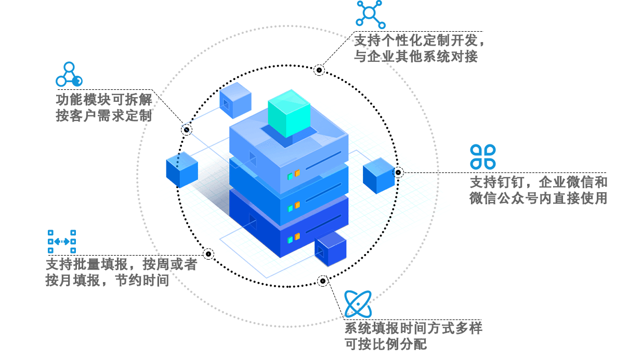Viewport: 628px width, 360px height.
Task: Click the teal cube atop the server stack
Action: point(289,113)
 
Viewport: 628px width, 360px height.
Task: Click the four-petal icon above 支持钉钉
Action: point(483,156)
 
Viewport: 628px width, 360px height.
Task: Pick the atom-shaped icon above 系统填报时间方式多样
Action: point(358,303)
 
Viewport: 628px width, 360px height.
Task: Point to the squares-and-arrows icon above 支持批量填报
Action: point(62,242)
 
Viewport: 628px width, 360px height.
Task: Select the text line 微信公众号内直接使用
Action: point(538,198)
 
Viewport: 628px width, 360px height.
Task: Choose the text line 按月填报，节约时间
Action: point(107,281)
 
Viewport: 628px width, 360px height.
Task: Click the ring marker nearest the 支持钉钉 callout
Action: point(398,172)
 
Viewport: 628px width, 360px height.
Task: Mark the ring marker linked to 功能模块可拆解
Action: point(187,129)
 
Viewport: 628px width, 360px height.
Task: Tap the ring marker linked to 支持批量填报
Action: point(208,254)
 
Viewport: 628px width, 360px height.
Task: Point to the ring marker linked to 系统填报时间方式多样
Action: point(323,281)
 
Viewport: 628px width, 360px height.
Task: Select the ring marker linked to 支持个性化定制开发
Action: point(320,70)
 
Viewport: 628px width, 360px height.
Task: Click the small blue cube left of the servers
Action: point(182,169)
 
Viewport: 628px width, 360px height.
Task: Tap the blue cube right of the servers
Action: point(379,175)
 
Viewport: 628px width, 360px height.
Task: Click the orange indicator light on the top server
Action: point(297,173)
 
